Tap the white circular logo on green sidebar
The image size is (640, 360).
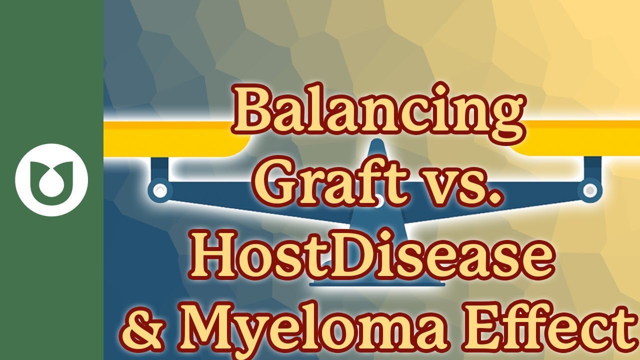coord(51,180)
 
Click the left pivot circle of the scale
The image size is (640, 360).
coord(160,190)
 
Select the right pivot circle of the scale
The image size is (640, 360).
coord(590,190)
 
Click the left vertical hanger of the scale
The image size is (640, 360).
coord(159,168)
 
